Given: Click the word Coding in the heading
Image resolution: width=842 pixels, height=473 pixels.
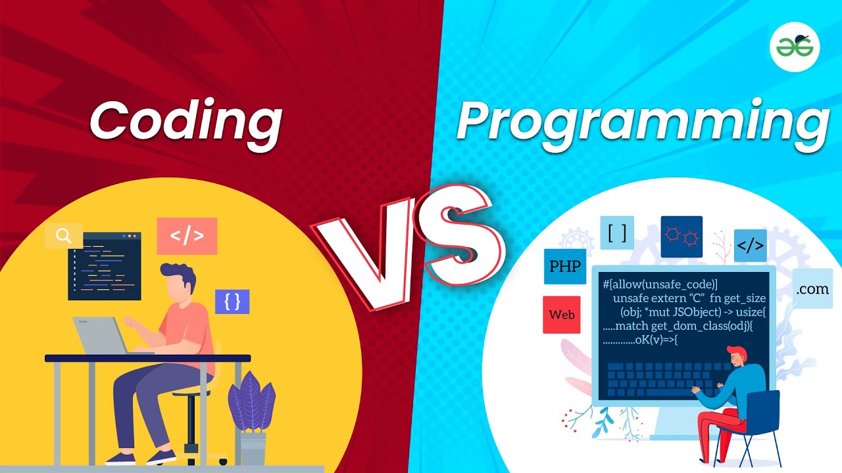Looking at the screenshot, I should (186, 120).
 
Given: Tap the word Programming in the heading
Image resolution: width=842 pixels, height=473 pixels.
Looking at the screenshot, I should (641, 122).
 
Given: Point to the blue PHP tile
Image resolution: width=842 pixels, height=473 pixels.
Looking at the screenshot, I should (564, 267).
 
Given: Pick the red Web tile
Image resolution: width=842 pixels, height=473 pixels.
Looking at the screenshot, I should (562, 315).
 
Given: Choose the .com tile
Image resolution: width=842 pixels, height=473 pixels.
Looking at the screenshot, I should (812, 288).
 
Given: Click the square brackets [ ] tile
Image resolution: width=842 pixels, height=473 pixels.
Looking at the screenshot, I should (616, 233).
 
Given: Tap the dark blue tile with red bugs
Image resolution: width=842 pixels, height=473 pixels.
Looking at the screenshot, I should (681, 236).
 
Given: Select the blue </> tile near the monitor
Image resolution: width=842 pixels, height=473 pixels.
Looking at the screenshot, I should (750, 246).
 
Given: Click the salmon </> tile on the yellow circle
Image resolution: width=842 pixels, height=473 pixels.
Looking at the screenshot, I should (187, 236).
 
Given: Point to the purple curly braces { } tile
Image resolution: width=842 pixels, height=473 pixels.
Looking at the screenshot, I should (232, 302).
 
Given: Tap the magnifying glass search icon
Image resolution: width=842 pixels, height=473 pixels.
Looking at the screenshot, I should (64, 236).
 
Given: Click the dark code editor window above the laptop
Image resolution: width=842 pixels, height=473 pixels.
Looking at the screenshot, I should (105, 265).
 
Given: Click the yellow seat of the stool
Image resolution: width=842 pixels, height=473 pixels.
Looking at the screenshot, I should (190, 392).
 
